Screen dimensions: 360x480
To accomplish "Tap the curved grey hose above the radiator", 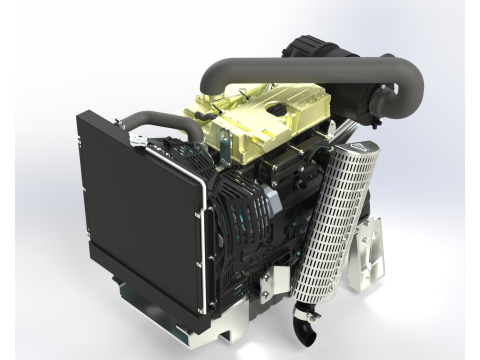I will (165, 121).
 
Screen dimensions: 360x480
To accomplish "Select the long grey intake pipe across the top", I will (300, 68).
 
